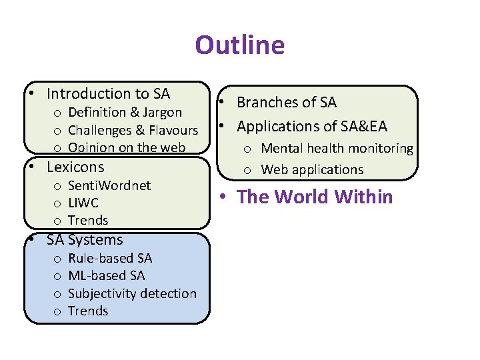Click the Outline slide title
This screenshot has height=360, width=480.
pos(239,45)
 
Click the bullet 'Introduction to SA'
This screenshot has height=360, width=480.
pos(108,94)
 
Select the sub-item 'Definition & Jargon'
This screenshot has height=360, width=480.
pos(125,112)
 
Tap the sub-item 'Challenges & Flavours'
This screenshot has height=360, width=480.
pos(133,130)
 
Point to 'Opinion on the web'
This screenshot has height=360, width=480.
pos(127,147)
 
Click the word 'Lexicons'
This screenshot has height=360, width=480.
pos(75,167)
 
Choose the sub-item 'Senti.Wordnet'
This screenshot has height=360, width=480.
pos(109,185)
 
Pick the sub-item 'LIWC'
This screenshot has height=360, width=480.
pos(83,203)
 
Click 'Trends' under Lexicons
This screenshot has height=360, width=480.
pos(88,220)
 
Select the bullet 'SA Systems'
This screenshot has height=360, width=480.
pos(85,240)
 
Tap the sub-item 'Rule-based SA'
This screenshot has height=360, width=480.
pos(110,258)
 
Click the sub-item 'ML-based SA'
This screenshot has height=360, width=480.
pos(106,275)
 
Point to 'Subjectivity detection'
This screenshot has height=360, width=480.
pos(132,293)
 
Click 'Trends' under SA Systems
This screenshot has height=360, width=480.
pos(88,311)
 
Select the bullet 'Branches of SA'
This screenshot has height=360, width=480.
pos(287,103)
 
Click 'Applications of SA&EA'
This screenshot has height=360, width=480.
pos(312,126)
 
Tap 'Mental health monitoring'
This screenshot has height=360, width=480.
pos(337,148)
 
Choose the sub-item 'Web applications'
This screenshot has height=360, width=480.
pos(312,169)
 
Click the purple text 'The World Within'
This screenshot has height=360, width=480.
pos(315,197)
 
